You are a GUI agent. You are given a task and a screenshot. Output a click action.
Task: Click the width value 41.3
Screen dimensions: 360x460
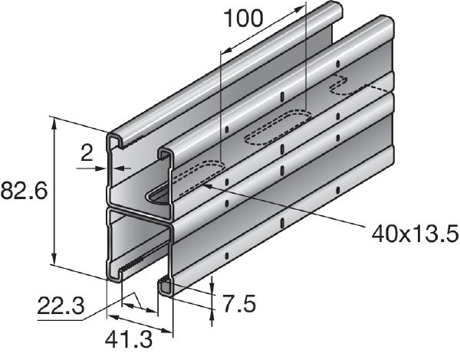pos(129,338)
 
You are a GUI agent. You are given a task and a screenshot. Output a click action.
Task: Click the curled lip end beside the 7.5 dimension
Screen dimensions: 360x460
pos(166,286)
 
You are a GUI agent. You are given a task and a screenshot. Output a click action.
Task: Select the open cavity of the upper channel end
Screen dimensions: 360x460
pos(134,176)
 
